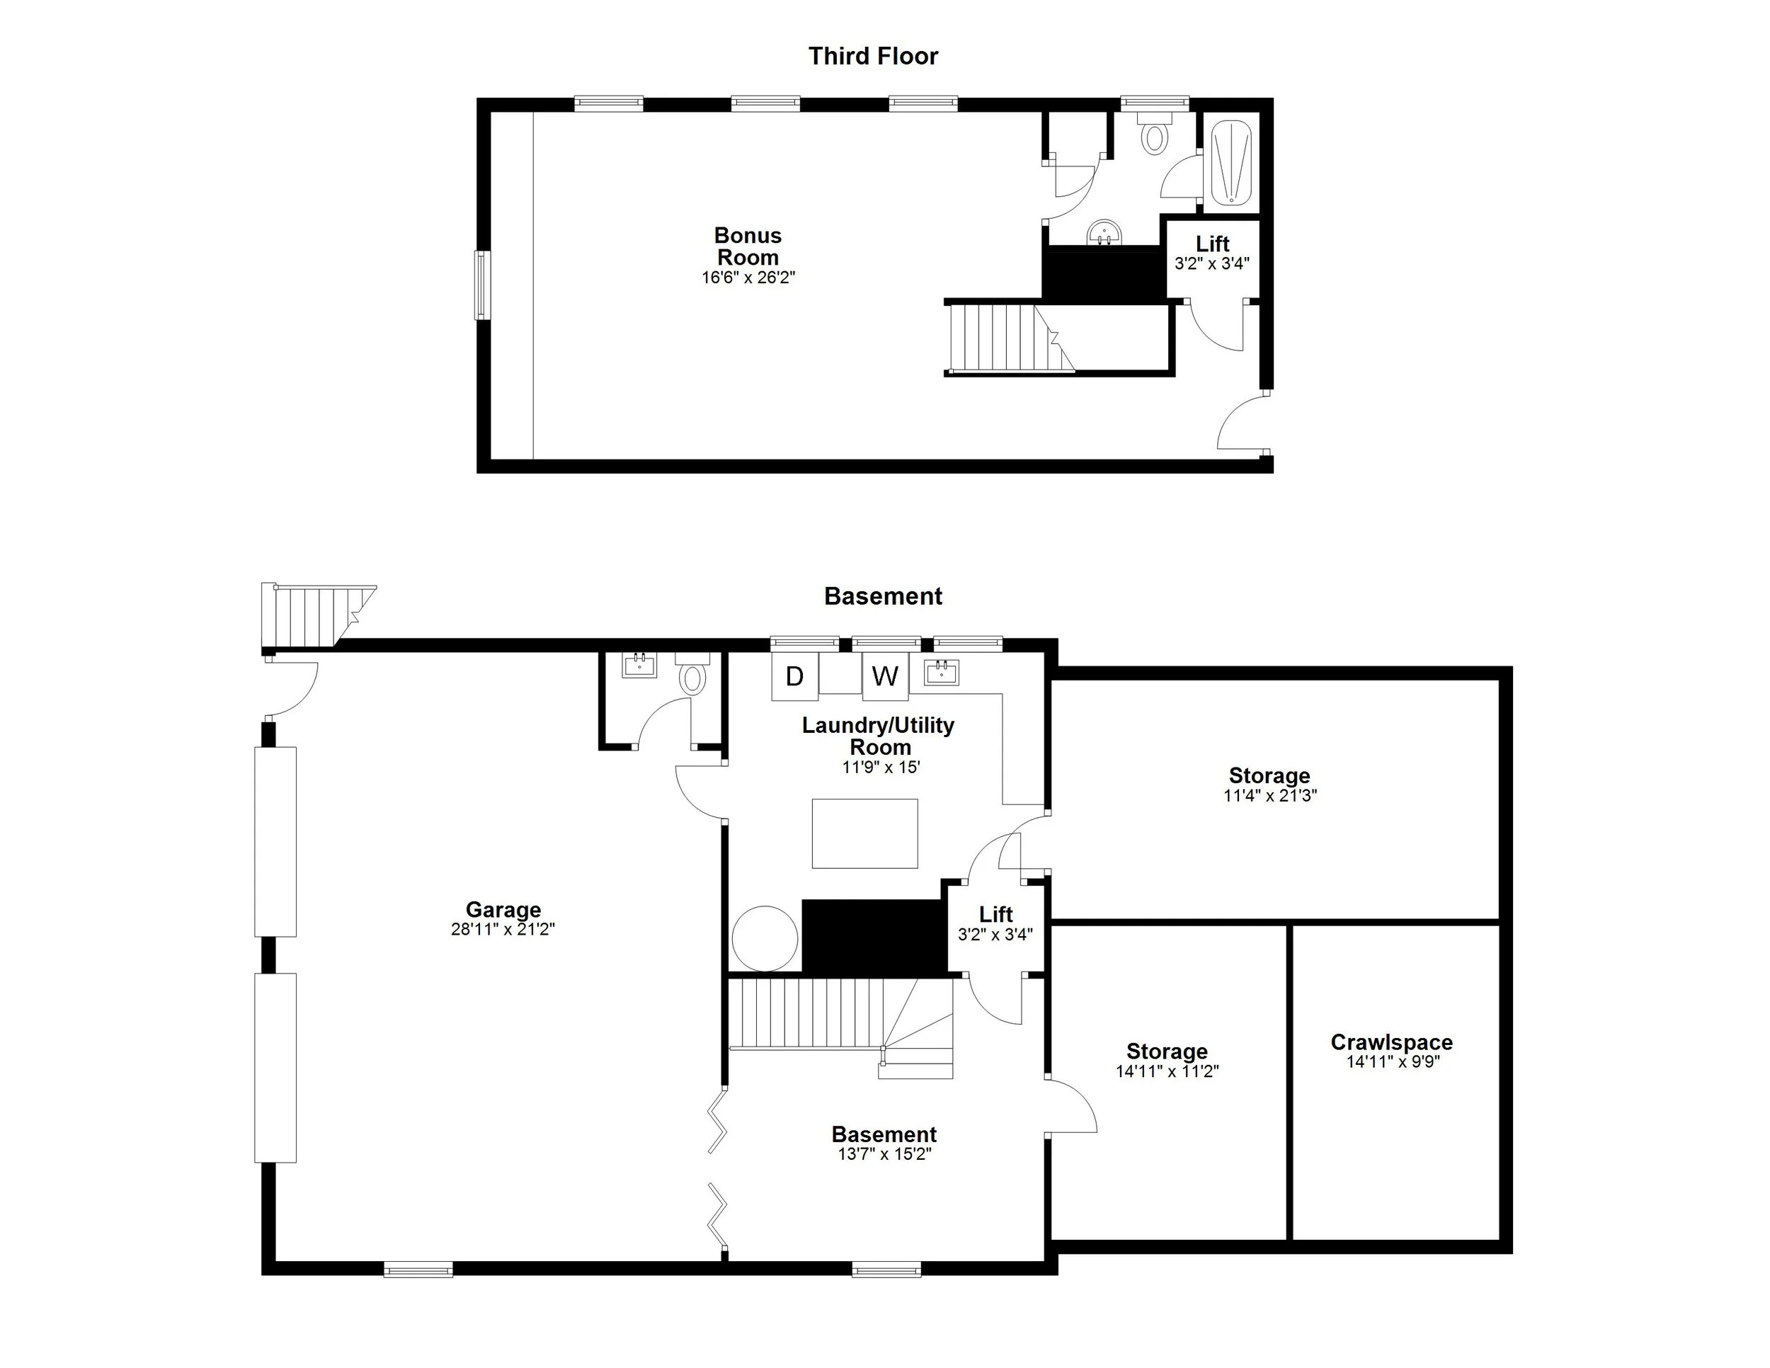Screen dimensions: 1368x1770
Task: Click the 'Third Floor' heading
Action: pos(873,56)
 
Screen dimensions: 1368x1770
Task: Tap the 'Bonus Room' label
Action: pos(747,246)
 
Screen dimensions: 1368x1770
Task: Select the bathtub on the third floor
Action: pos(1231,162)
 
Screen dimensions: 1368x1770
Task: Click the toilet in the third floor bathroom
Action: pos(1154,135)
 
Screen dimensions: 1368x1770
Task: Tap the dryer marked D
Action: pos(794,676)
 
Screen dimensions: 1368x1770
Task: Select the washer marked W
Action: pos(885,676)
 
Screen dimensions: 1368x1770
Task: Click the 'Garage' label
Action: pos(503,910)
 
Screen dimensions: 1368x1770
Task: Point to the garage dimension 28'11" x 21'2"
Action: pos(503,930)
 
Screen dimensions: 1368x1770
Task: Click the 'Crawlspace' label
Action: pos(1391,1042)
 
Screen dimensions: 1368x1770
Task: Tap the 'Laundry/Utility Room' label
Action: pos(879,736)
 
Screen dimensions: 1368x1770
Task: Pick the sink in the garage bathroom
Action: pos(639,666)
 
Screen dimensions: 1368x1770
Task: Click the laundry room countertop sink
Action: pos(942,672)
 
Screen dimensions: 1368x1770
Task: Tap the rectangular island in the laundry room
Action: pos(864,834)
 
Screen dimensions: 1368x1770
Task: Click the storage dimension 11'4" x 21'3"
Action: pos(1269,796)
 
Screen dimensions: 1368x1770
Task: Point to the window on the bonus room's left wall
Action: pos(482,285)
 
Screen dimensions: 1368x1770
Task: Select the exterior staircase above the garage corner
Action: pos(316,616)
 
